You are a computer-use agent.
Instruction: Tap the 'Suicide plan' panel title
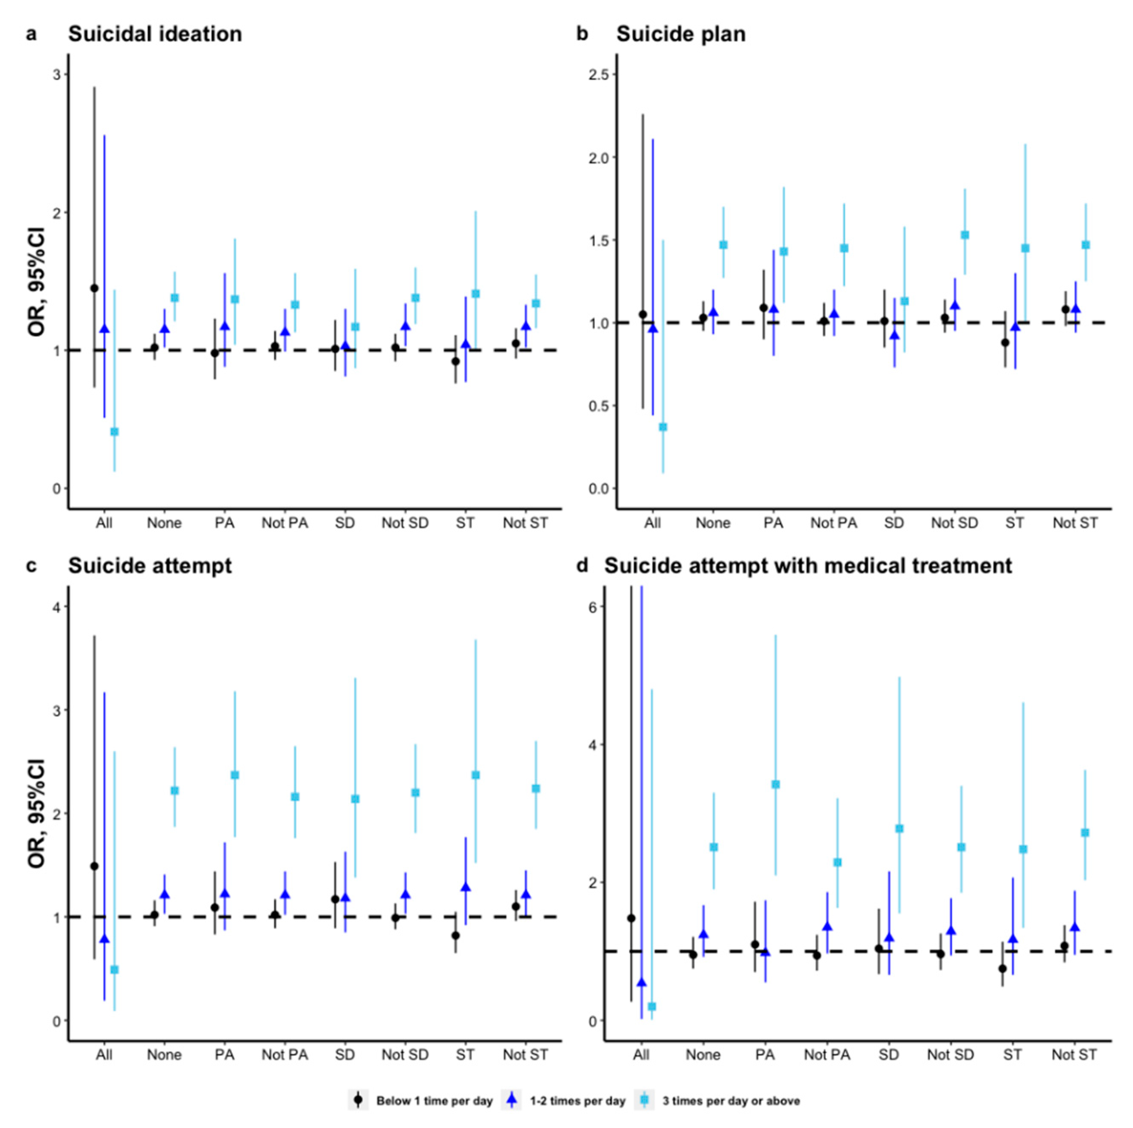tap(680, 34)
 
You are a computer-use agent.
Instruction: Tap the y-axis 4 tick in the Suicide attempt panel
tap(57, 607)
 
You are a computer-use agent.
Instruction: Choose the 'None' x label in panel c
tap(164, 1054)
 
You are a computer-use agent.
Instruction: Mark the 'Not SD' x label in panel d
tap(950, 1054)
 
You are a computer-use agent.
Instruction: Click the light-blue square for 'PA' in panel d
tap(775, 785)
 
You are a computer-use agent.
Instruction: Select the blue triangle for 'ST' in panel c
tap(465, 887)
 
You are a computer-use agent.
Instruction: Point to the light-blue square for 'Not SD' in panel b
tap(965, 235)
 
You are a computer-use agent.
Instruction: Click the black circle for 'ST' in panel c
tap(456, 936)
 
